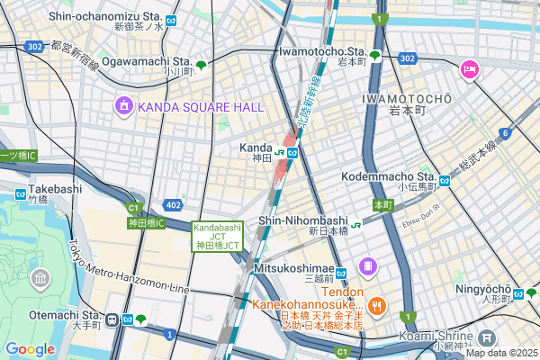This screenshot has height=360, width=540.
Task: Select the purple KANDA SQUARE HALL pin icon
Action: click(x=122, y=107)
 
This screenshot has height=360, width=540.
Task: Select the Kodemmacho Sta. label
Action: click(x=389, y=175)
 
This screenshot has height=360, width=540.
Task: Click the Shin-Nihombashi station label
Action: click(x=302, y=220)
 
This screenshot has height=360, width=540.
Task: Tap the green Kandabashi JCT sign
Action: click(x=216, y=237)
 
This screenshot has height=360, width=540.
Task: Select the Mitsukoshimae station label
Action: click(x=289, y=267)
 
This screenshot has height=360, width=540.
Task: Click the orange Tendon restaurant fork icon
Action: click(x=377, y=304)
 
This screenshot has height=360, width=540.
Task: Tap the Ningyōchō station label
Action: click(x=483, y=290)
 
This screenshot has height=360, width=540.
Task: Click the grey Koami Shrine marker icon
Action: click(x=487, y=338)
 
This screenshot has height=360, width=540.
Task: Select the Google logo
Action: click(x=30, y=348)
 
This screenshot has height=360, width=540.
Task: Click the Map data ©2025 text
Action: click(x=500, y=353)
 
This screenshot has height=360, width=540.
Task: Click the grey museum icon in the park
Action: click(x=40, y=279)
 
